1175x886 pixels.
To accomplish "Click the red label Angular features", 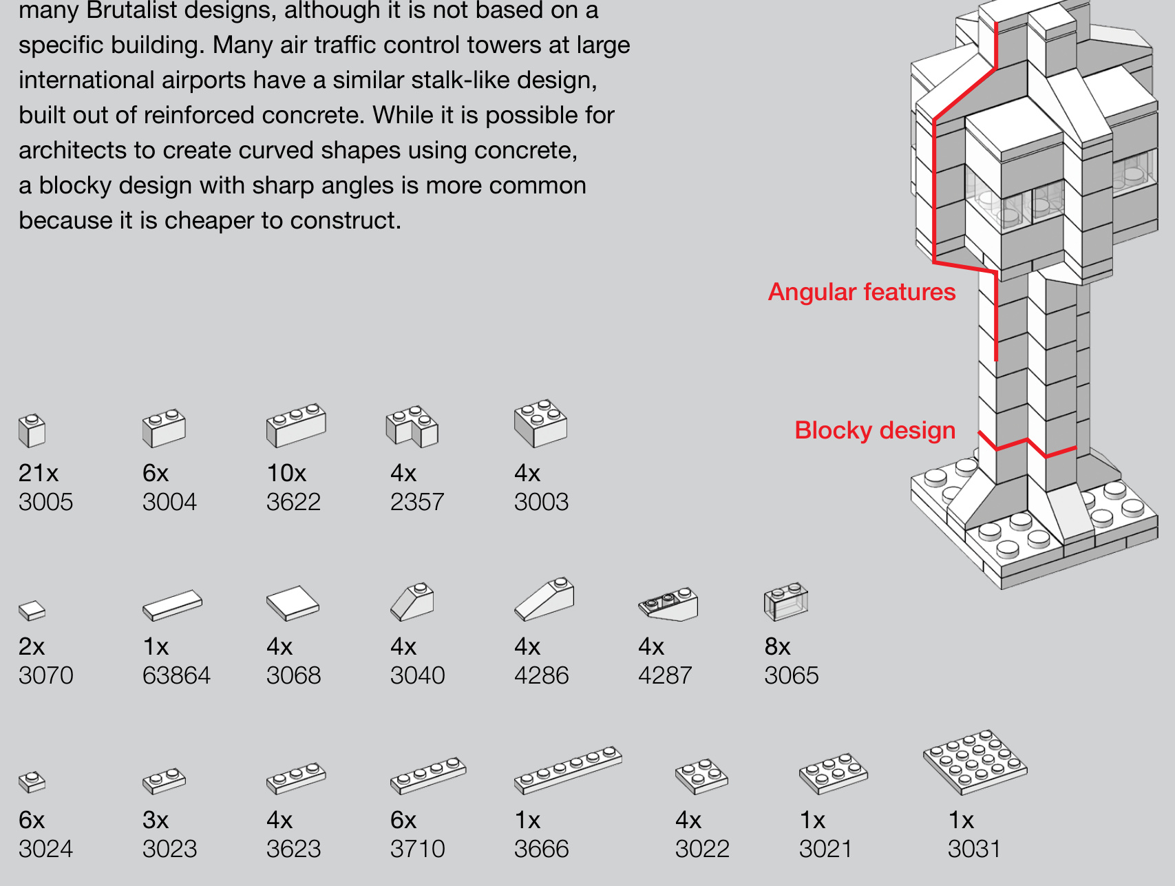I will pos(861,292).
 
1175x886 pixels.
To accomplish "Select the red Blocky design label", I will pos(874,430).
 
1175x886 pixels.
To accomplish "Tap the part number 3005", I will pos(45,502).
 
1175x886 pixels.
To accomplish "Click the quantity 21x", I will pos(39,473).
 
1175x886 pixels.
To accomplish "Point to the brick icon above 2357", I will pos(412,426).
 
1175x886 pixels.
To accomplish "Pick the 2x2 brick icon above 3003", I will pos(540,423).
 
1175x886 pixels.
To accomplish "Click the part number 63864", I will pos(176,675).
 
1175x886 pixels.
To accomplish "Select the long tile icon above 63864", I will pos(172,604).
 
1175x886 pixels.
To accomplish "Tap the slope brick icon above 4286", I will pos(544,598).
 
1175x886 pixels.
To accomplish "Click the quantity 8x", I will pos(777,646).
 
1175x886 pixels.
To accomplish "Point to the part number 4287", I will pos(665,675).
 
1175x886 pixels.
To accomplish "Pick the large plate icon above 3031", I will pos(975,761).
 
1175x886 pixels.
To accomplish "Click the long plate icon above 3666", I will pos(568,769).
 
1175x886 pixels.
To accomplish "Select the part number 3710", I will pos(417,849).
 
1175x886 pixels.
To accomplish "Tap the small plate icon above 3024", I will pos(32,781).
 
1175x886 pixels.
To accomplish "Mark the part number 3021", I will pos(825,849).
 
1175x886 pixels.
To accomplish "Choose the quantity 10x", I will pos(286,473).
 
